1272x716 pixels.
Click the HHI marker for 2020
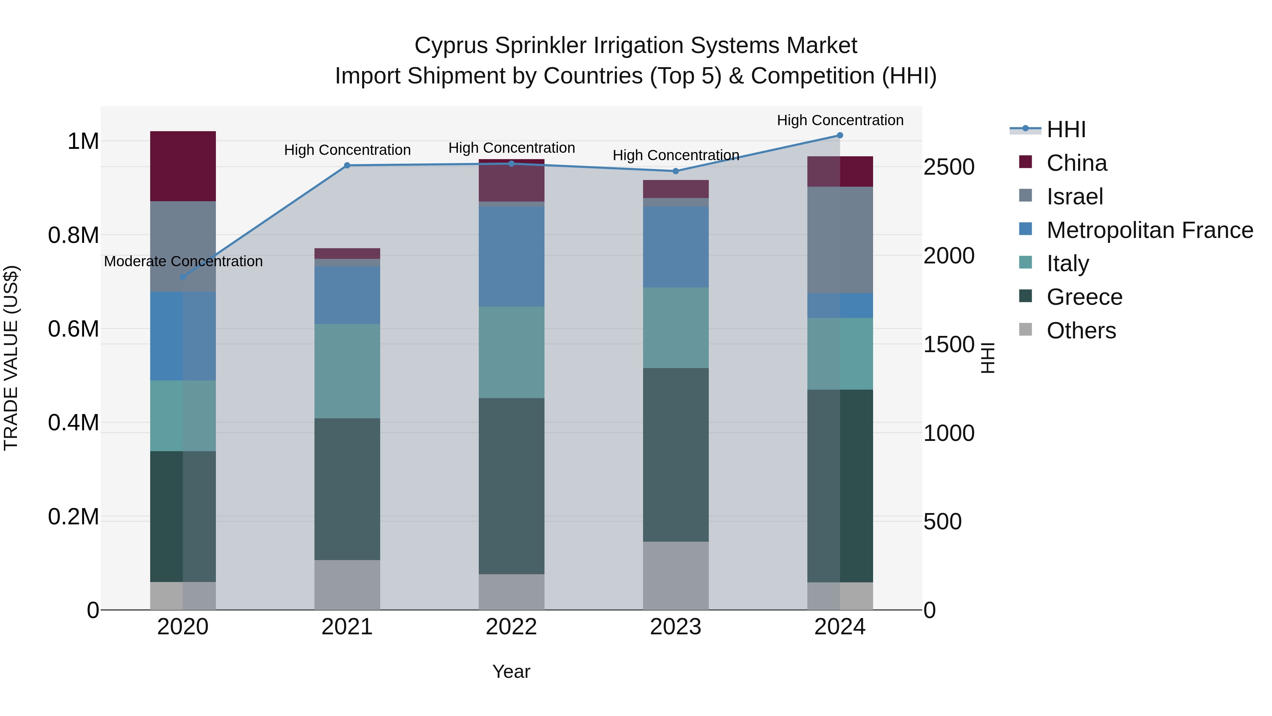tap(183, 277)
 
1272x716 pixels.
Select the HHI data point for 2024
tap(840, 135)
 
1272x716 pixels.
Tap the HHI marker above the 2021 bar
tap(347, 165)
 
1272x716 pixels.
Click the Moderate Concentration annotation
tap(183, 261)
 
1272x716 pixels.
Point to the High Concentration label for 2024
tap(840, 120)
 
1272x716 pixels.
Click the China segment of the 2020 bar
tap(183, 166)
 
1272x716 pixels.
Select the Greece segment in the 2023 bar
tap(676, 455)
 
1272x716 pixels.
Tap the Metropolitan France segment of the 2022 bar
tap(512, 256)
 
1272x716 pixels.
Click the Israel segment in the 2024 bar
tap(840, 240)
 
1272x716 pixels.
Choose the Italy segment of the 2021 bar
tap(347, 371)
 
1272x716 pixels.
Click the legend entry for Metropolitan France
tap(1149, 230)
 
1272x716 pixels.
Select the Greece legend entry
tap(1084, 297)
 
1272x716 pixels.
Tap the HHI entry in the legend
tap(1066, 129)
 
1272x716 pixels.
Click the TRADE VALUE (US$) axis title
tap(11, 358)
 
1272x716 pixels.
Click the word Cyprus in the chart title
tap(451, 46)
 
